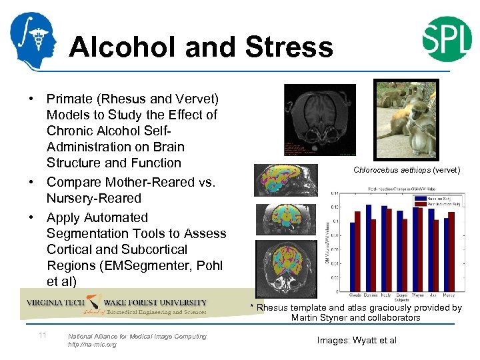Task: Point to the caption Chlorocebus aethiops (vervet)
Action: [406, 170]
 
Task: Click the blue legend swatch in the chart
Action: [419, 198]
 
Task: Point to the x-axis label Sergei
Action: [402, 295]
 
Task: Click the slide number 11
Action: [42, 335]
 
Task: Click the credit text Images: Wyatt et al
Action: [357, 340]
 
